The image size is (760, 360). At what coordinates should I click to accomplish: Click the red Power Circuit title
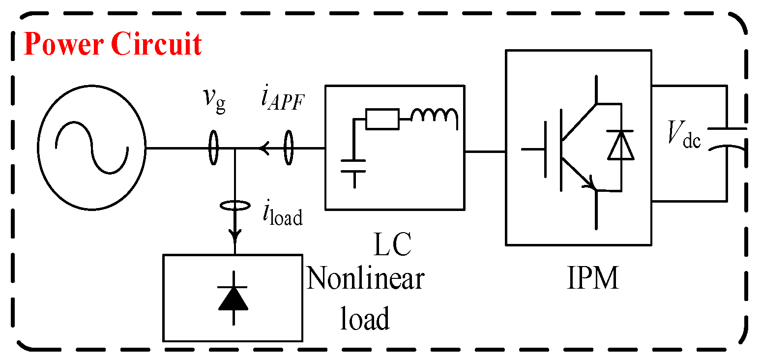click(x=113, y=44)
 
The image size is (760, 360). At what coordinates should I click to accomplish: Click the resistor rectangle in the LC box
click(x=382, y=119)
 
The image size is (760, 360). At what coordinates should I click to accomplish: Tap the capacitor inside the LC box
click(x=353, y=165)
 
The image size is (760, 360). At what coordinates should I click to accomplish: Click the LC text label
click(x=392, y=244)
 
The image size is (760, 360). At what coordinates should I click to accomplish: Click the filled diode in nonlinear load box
click(x=233, y=299)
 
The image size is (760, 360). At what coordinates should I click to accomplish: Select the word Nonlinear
click(x=365, y=279)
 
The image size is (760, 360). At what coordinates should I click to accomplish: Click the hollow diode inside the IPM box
click(x=620, y=146)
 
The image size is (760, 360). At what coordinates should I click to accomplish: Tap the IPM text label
click(x=593, y=279)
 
